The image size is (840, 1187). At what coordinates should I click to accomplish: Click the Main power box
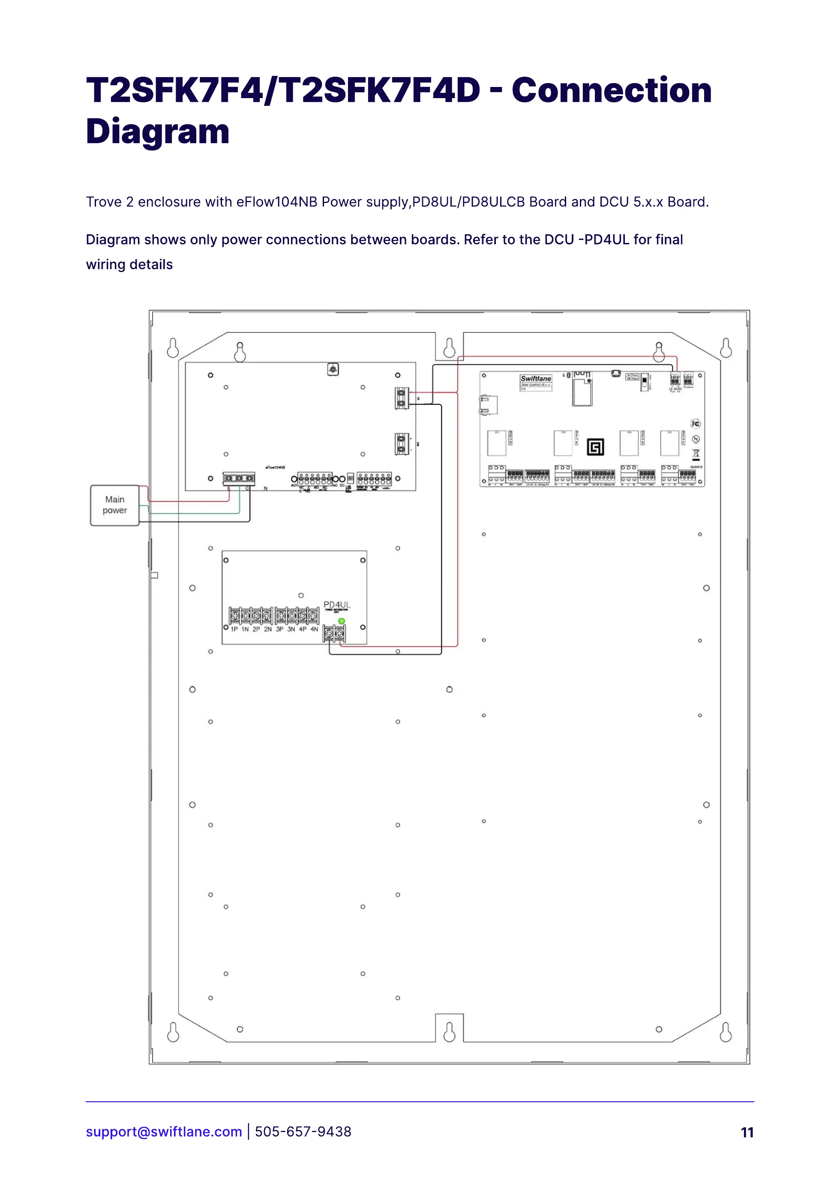114,505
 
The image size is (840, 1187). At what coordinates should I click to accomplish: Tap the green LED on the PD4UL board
342,620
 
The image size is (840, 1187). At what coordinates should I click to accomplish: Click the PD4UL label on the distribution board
337,604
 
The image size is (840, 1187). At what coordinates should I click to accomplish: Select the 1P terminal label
234,629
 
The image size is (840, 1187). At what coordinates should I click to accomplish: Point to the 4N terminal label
314,629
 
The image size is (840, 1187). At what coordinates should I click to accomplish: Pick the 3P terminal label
279,629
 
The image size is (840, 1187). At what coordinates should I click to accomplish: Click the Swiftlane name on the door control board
536,379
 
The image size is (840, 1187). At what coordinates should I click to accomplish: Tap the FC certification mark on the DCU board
696,424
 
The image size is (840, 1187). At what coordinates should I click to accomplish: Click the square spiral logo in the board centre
595,447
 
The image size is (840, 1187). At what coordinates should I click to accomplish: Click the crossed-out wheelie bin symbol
696,454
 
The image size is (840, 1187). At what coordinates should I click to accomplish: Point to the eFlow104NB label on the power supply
275,467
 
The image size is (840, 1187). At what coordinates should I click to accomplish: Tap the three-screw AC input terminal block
239,478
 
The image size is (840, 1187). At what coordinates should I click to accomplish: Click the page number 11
747,1132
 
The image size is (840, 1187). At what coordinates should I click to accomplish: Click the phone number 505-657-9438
303,1132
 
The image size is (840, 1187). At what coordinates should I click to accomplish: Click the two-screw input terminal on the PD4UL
334,632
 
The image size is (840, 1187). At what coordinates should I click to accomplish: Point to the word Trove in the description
104,202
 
